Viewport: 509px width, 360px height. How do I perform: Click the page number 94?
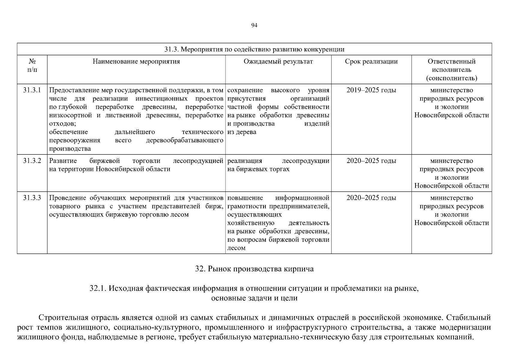[254, 25]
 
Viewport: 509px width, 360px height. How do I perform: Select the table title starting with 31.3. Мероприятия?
[254, 49]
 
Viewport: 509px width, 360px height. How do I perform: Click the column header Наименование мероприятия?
[136, 61]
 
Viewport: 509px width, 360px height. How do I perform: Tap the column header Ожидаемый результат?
[278, 61]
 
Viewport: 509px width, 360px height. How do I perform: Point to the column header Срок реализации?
[371, 61]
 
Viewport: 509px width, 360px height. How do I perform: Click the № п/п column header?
[32, 66]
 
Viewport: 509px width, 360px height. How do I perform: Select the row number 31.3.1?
[32, 90]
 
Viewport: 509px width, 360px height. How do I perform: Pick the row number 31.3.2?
[32, 161]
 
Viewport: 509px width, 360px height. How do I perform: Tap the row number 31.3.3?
[32, 198]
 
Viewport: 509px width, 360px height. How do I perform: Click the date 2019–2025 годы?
[371, 90]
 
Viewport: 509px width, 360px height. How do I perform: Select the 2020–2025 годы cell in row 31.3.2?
[371, 161]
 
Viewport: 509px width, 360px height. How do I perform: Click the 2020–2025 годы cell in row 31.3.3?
[371, 198]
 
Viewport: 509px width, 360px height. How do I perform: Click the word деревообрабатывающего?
[184, 140]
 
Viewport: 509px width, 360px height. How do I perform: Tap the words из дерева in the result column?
[242, 132]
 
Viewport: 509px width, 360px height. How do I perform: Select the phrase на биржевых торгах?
[258, 169]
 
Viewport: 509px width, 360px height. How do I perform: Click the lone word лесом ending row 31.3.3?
[236, 248]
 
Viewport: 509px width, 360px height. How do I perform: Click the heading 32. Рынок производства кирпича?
[254, 269]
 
